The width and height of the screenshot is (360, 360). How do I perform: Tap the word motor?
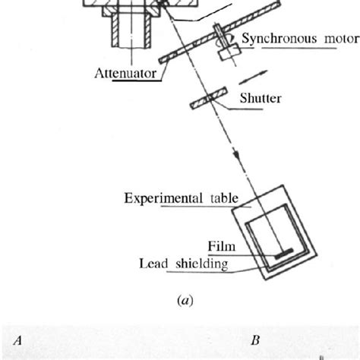(x=340, y=39)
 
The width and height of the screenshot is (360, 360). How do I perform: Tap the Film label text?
(x=222, y=245)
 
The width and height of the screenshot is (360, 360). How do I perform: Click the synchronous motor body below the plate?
(x=226, y=54)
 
